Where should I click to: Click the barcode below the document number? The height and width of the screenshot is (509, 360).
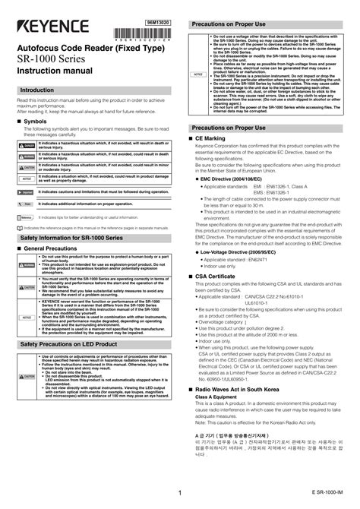click(x=157, y=33)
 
